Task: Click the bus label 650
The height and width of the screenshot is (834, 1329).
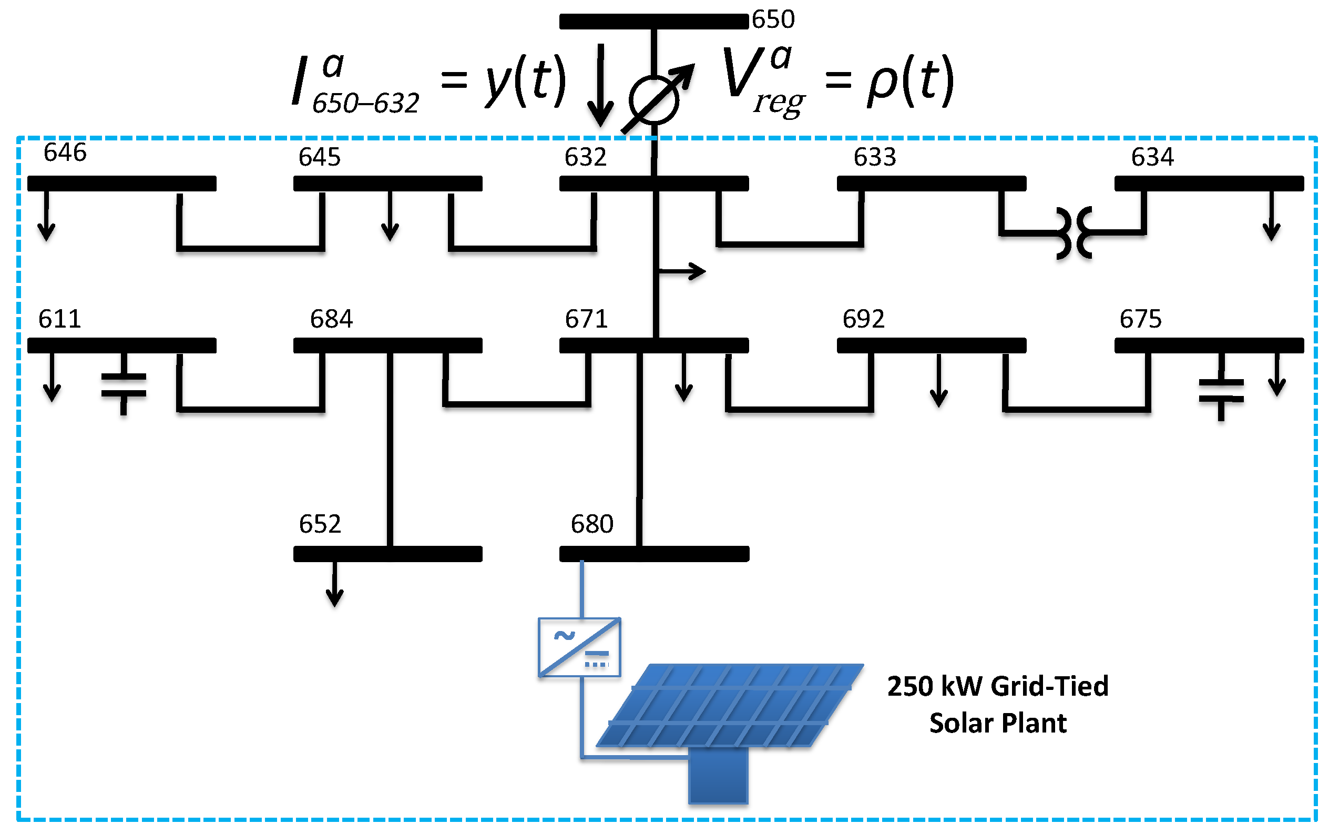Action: pos(773,19)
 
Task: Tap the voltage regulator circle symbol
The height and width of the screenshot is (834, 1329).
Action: pos(653,100)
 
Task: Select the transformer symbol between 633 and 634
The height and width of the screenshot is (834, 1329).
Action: pos(1074,233)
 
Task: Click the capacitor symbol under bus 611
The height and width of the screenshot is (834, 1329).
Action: pos(124,384)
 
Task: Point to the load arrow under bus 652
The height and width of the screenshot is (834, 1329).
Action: pos(334,585)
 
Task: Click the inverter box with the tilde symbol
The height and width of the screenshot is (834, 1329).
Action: pos(579,647)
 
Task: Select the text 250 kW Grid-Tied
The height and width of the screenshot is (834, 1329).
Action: pos(998,686)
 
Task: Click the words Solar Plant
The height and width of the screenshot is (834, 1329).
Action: pos(998,723)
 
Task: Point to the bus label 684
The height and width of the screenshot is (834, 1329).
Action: pos(331,319)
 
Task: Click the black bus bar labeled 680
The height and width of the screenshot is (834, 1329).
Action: pos(653,554)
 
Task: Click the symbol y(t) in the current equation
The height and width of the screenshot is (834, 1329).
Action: pos(525,81)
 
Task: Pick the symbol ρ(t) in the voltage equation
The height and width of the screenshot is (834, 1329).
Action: pos(910,81)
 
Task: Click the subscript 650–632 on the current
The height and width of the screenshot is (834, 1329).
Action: pos(365,103)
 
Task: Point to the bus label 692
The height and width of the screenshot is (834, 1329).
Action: pos(863,319)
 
